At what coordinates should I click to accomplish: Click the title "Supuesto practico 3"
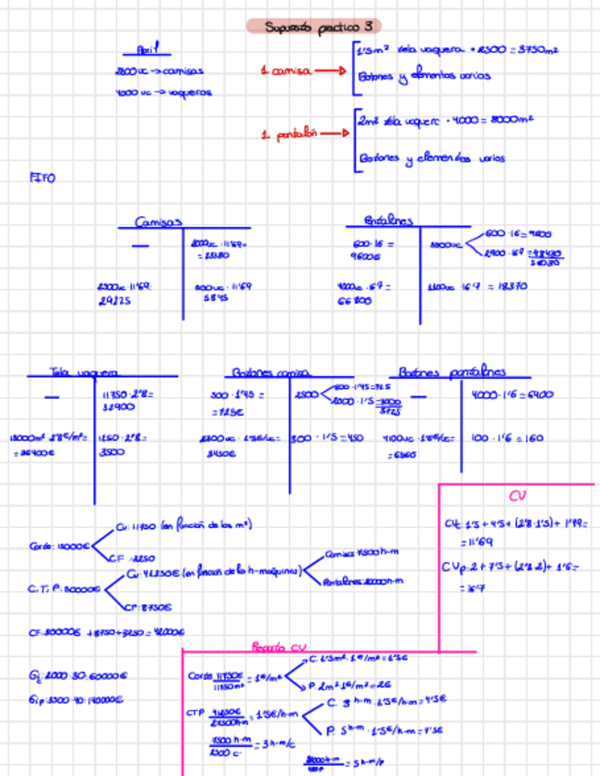314,27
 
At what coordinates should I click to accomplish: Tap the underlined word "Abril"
146,51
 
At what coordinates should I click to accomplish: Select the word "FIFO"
42,178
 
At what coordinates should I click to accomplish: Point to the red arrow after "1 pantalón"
333,134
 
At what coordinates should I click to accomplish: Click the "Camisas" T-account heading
158,221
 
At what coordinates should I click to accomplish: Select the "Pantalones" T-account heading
388,221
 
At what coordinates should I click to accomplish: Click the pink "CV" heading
517,496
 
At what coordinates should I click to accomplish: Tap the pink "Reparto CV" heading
279,647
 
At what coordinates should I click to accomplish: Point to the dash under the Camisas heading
140,246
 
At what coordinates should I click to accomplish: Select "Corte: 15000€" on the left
59,545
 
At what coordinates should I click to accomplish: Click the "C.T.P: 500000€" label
63,589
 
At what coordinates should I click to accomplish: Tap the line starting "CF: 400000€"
108,631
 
